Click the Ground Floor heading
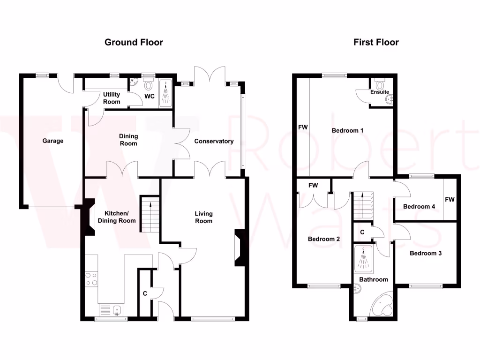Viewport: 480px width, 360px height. (x=134, y=43)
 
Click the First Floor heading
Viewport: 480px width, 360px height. (x=376, y=43)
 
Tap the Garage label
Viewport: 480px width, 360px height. (x=52, y=141)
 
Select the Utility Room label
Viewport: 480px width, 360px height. (x=112, y=98)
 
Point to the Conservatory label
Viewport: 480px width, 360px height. (x=214, y=141)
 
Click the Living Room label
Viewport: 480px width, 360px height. (x=203, y=217)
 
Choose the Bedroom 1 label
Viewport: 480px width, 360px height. (x=348, y=130)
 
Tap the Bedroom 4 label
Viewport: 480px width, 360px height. (x=416, y=207)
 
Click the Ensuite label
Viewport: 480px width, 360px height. (x=380, y=92)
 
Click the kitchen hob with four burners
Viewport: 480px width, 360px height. (x=91, y=279)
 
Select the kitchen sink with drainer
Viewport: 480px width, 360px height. (x=111, y=310)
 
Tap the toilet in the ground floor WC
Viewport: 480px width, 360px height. (x=149, y=86)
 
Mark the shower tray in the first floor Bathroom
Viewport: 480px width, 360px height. (x=364, y=259)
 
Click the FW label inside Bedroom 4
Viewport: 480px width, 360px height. (x=450, y=200)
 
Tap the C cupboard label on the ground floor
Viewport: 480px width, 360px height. (x=145, y=294)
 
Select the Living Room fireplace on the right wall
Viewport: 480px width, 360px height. (x=239, y=247)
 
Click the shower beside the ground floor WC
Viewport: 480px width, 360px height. (x=165, y=94)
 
